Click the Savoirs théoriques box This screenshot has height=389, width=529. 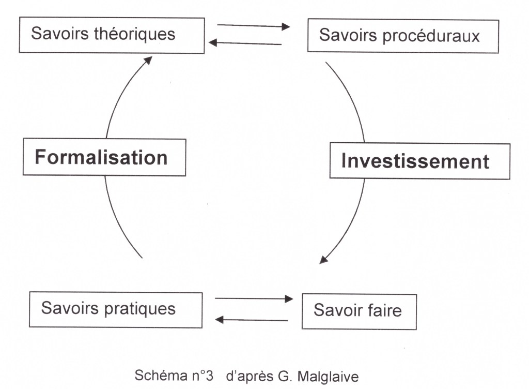click(x=112, y=35)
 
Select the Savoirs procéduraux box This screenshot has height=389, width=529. click(x=403, y=36)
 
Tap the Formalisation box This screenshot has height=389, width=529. click(x=104, y=157)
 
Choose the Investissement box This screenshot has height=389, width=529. click(x=419, y=161)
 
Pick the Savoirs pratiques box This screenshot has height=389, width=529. click(x=115, y=309)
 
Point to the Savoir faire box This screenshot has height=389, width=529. click(x=359, y=311)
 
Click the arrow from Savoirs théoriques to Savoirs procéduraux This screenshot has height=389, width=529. click(x=253, y=26)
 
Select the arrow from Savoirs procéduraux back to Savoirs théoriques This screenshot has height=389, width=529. click(x=245, y=43)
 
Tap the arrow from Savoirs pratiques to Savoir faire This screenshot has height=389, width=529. click(x=253, y=298)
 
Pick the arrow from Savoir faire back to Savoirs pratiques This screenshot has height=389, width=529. click(x=252, y=320)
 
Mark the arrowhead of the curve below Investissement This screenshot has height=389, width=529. click(x=323, y=259)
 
